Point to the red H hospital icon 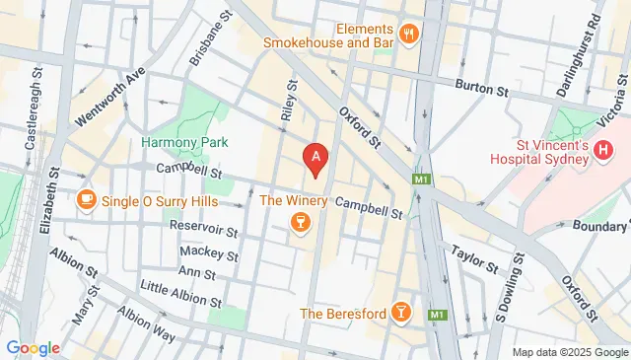point(604,151)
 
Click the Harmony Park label point(183,143)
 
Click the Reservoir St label point(205,230)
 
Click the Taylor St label point(475,258)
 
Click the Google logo point(34,347)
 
